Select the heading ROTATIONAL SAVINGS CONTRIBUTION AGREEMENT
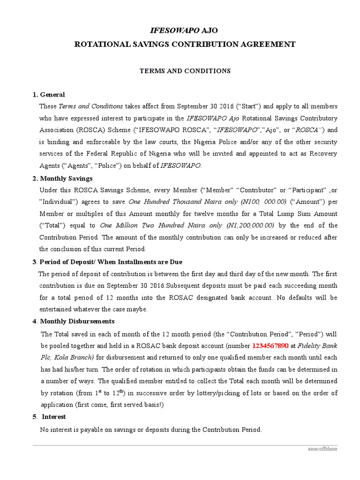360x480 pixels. coord(185,45)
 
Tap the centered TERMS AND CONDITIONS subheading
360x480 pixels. coord(185,71)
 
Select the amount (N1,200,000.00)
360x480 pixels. coord(250,225)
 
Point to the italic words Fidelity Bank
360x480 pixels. coord(317,346)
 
